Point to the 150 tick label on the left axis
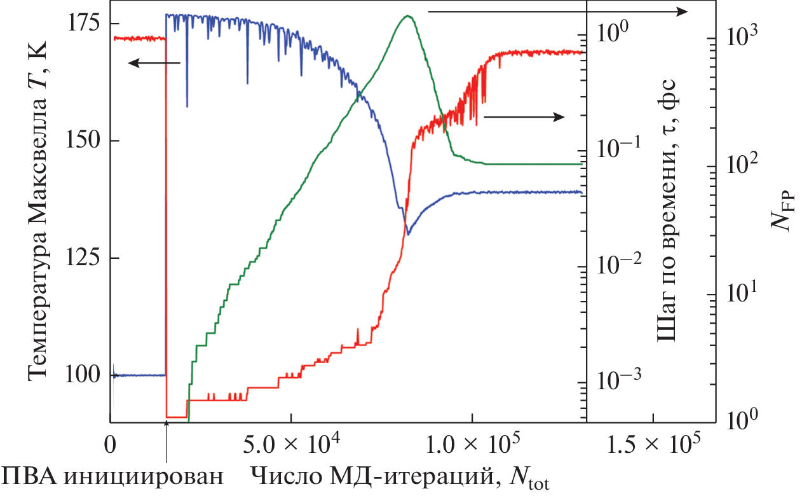click(83, 141)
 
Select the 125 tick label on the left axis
click(83, 258)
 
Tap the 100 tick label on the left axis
click(83, 375)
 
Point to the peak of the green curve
click(408, 16)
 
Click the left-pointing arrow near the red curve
click(154, 63)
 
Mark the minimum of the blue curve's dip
click(408, 234)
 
